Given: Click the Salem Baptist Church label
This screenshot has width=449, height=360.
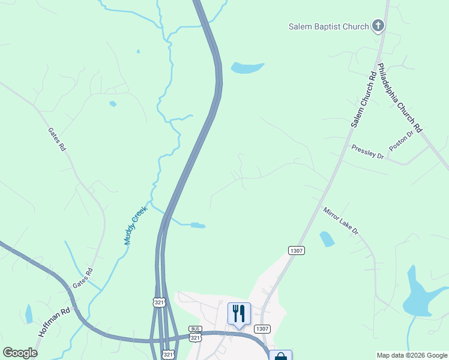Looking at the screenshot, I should point(329,26).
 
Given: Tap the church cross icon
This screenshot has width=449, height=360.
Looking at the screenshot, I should point(378,25).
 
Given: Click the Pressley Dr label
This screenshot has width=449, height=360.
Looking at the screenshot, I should point(367,151).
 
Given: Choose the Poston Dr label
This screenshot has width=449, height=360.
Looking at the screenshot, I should point(402,142).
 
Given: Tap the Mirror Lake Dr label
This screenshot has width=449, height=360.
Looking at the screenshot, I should point(340,221).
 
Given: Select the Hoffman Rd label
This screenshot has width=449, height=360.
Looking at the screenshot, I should point(55,323).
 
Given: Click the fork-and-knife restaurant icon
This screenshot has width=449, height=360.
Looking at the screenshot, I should point(238,314).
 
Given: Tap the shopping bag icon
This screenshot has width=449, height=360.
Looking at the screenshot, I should point(280,356).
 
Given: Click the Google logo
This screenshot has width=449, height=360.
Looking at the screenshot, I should point(20,353).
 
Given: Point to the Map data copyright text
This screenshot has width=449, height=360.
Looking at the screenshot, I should point(412,355).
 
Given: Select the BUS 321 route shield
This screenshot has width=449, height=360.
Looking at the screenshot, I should point(195,334).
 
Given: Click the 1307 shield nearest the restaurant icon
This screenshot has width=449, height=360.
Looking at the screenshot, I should point(262,329).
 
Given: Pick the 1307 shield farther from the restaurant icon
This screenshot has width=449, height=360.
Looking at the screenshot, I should point(297,250).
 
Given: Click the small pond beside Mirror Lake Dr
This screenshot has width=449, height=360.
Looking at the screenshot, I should point(327,239).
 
